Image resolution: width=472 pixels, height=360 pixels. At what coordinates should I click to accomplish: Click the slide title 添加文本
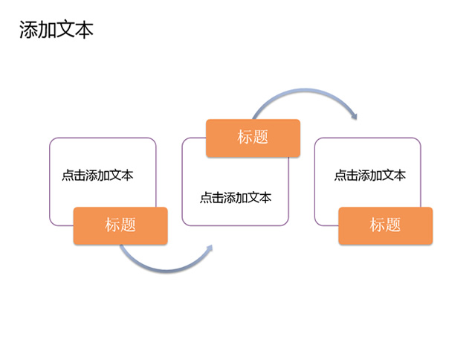pyautogui.click(x=56, y=30)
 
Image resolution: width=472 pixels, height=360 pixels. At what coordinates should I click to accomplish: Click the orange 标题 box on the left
pyautogui.click(x=120, y=225)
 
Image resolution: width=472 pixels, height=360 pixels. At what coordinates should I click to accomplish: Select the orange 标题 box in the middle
pyautogui.click(x=253, y=138)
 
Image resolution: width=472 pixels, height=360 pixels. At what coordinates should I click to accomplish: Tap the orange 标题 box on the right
pyautogui.click(x=386, y=225)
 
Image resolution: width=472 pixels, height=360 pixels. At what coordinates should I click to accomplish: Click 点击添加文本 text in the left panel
pyautogui.click(x=97, y=175)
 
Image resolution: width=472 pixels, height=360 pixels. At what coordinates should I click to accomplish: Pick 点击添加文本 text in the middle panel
pyautogui.click(x=236, y=198)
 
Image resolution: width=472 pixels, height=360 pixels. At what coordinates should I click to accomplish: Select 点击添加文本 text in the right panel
pyautogui.click(x=370, y=175)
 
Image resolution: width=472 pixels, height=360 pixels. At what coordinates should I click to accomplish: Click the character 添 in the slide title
pyautogui.click(x=28, y=30)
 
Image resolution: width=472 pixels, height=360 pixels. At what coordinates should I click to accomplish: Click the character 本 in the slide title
pyautogui.click(x=84, y=30)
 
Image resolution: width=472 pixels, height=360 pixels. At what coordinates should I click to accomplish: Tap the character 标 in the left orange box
pyautogui.click(x=112, y=225)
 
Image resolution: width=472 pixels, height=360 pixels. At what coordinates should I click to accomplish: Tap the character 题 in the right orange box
pyautogui.click(x=393, y=225)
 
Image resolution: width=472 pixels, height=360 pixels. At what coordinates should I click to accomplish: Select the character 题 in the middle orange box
pyautogui.click(x=260, y=137)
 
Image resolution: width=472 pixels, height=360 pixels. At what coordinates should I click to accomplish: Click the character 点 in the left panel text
pyautogui.click(x=68, y=175)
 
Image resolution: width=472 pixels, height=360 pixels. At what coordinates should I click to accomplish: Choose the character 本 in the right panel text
pyautogui.click(x=400, y=175)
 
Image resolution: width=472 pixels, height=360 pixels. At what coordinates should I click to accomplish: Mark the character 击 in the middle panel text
pyautogui.click(x=218, y=198)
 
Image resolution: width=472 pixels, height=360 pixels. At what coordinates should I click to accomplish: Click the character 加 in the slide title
pyautogui.click(x=48, y=30)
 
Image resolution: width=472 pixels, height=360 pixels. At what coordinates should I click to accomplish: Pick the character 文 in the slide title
pyautogui.click(x=65, y=30)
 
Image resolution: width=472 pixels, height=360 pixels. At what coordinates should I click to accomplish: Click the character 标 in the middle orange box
pyautogui.click(x=245, y=137)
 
